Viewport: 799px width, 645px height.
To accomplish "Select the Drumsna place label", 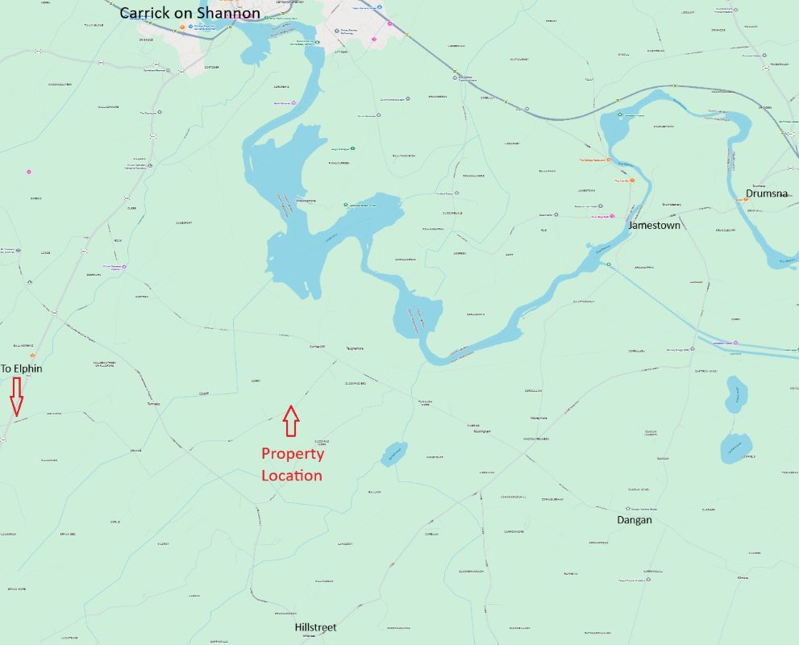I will [x=766, y=193].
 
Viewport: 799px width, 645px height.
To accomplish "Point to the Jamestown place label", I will [x=654, y=226].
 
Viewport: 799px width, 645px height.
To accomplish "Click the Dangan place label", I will [x=634, y=520].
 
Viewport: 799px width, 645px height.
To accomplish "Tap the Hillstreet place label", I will [x=315, y=626].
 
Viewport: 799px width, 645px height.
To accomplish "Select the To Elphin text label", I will [x=21, y=368].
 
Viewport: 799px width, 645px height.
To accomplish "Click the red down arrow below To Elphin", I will [x=16, y=396].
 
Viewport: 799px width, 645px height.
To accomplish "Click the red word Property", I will [x=292, y=454].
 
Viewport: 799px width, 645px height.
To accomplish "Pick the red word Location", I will [x=292, y=476].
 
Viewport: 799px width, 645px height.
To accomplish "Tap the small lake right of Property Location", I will [x=393, y=453].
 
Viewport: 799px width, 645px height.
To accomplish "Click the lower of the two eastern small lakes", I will [x=735, y=447].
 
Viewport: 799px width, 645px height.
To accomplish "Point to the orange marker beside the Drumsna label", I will [x=746, y=199].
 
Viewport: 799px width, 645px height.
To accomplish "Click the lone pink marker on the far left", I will [x=29, y=172].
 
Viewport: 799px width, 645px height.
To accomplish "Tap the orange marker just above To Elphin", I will [x=32, y=356].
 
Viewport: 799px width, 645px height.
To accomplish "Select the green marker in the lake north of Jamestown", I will [x=620, y=115].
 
